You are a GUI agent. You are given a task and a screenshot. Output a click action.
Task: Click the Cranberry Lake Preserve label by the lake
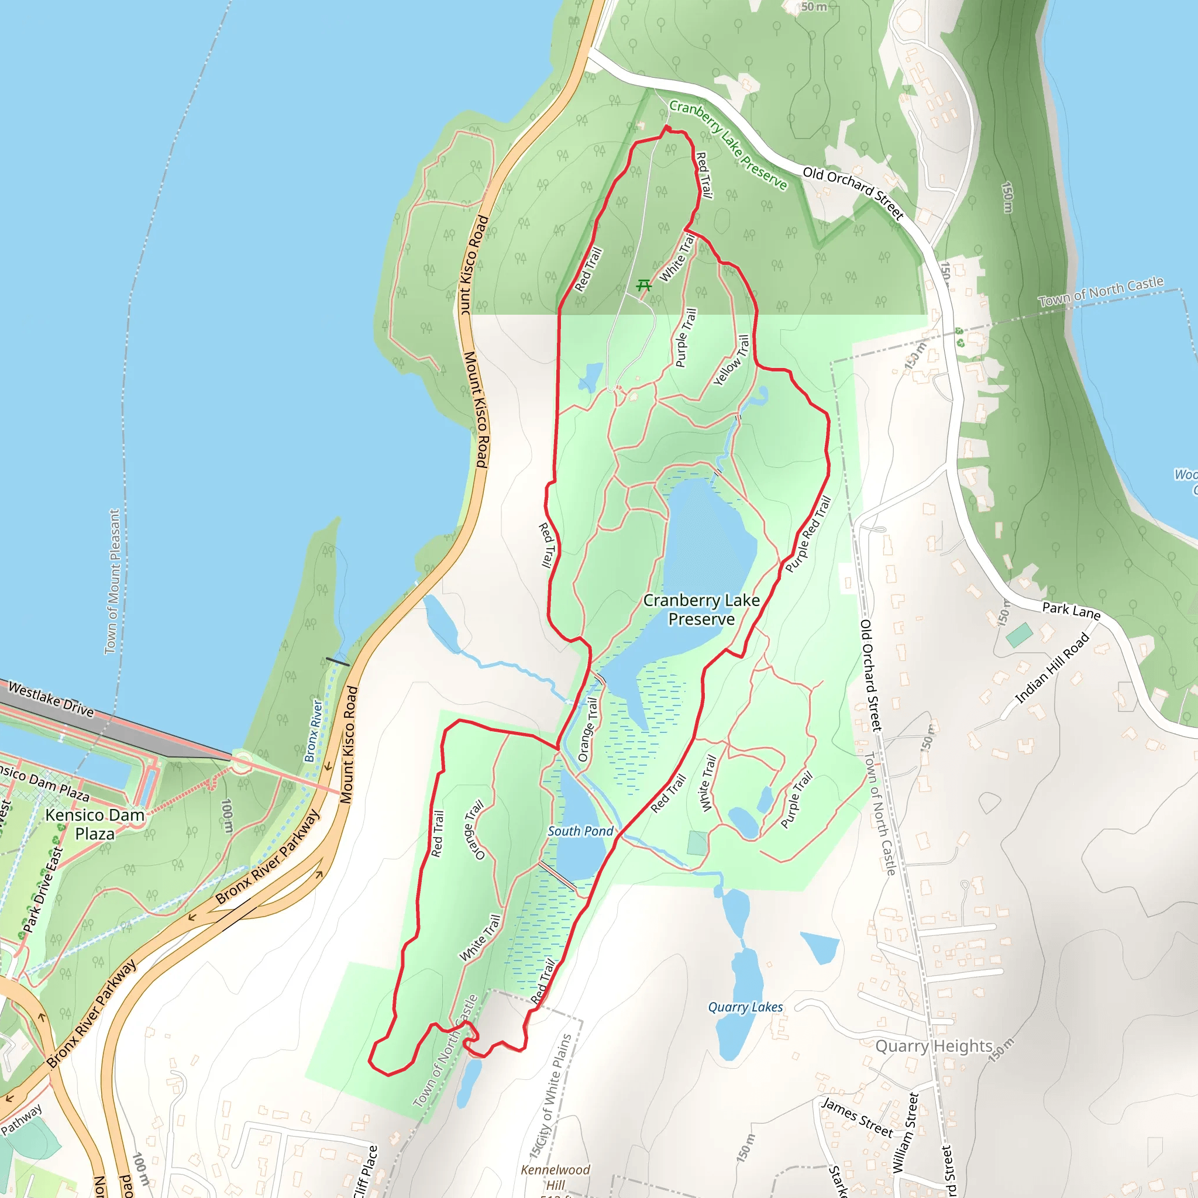[x=701, y=610]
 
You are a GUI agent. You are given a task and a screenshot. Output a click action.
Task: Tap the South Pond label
[x=580, y=831]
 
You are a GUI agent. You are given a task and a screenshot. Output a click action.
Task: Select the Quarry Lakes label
[x=745, y=1007]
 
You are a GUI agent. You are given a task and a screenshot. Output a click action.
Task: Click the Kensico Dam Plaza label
[x=95, y=824]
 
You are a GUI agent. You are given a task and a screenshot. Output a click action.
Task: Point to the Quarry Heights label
[x=934, y=1046]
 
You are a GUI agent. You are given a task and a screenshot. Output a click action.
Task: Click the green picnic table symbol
[x=644, y=285]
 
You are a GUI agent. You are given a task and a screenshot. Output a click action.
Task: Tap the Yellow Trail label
[x=732, y=360]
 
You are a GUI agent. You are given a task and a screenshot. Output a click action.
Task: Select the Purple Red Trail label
[x=808, y=533]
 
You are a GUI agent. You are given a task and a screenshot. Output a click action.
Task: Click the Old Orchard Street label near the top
[x=853, y=193]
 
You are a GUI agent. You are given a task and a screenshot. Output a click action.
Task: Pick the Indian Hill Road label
[x=1052, y=668]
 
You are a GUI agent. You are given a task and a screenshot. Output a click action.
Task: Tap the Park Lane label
[x=1071, y=610]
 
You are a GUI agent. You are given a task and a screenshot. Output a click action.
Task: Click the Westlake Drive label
[x=51, y=700]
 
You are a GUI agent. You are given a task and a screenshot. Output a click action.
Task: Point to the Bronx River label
[x=314, y=731]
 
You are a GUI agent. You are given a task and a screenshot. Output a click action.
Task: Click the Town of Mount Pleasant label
[x=112, y=581]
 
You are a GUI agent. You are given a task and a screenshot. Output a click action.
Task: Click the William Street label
[x=904, y=1132]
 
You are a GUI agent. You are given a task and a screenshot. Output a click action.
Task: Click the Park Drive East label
[x=43, y=890]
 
